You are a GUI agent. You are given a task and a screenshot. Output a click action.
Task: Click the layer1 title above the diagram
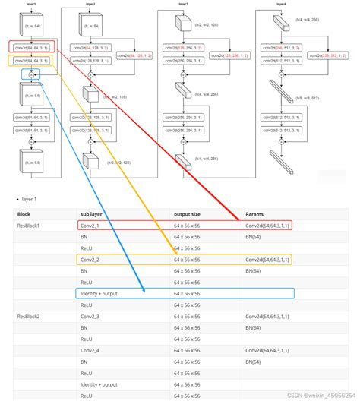30,4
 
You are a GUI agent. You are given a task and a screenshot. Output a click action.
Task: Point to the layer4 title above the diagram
280,4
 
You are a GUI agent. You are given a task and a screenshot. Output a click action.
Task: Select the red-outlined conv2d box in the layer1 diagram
30,47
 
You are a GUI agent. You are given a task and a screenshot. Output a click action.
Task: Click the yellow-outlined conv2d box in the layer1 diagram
30,61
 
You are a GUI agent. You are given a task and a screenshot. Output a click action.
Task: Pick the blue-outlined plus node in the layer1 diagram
30,74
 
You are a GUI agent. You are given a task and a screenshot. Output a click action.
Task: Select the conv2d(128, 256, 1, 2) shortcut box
229,55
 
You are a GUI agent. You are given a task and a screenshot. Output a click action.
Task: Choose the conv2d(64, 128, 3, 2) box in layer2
90,47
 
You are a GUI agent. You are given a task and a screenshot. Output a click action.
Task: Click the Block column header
24,214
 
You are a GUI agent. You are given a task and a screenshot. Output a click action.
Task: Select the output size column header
188,214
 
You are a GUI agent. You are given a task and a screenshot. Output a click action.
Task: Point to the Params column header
254,214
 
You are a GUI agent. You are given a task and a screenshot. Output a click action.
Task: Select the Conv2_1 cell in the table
90,226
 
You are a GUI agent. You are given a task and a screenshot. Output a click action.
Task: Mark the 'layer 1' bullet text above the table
30,199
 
